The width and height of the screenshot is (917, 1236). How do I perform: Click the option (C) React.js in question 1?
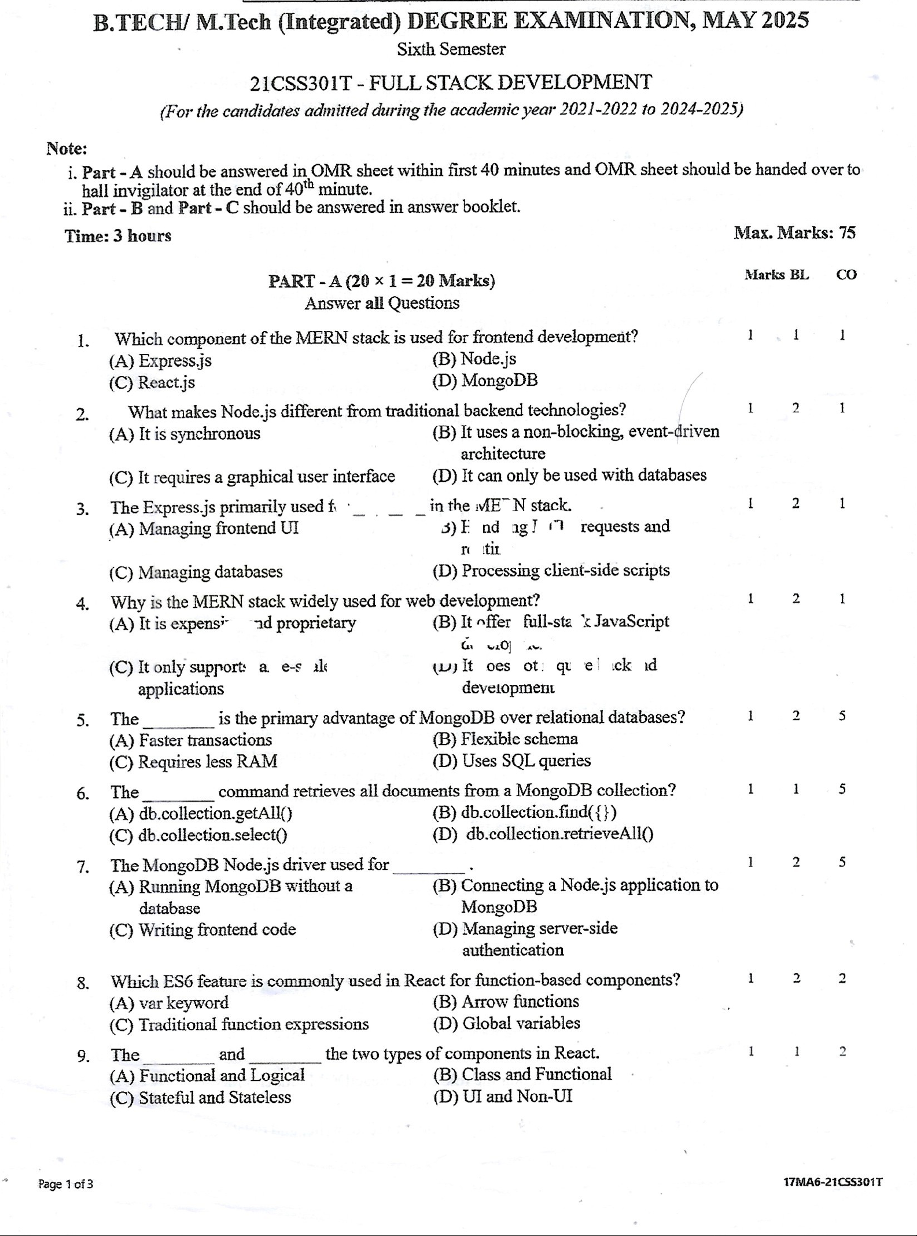(x=152, y=382)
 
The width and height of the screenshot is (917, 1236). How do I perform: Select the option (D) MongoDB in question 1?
(x=485, y=381)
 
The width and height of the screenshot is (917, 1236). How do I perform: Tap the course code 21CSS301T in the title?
(x=301, y=83)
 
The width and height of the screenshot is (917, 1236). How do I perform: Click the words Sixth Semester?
(x=451, y=50)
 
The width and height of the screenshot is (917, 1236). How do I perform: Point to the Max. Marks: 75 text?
(x=794, y=233)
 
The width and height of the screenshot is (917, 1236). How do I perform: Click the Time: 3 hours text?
(x=118, y=236)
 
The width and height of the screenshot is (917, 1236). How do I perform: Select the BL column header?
(x=799, y=275)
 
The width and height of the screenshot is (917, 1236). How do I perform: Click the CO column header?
(x=846, y=275)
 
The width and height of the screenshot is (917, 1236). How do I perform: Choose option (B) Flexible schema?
(x=504, y=739)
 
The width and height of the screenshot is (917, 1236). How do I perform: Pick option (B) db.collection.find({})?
(x=524, y=812)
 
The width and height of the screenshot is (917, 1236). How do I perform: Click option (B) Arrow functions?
(x=506, y=1001)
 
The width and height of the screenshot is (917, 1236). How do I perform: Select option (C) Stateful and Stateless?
(x=200, y=1097)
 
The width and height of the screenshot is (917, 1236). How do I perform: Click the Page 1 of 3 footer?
(x=65, y=1184)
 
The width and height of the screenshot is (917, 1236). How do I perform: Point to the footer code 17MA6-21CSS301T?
(x=833, y=1182)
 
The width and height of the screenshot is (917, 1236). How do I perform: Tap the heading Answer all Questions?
(x=382, y=303)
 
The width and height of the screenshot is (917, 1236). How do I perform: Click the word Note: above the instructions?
(x=67, y=149)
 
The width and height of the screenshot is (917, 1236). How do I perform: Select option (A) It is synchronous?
(x=185, y=434)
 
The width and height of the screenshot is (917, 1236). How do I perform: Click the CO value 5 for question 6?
(x=842, y=789)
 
